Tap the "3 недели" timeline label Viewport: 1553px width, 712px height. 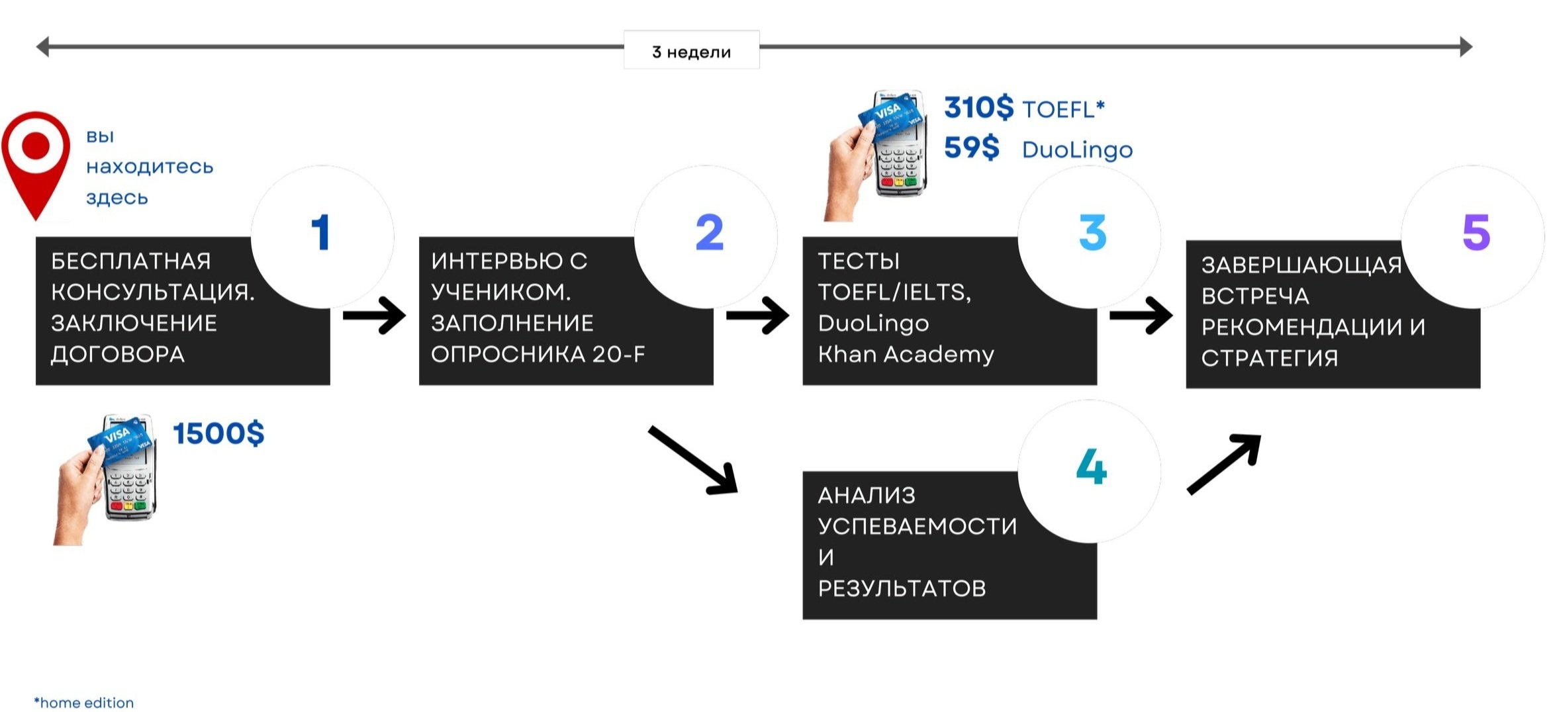[691, 51]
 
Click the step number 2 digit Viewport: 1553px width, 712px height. [709, 233]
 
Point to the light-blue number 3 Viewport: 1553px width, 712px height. [1092, 233]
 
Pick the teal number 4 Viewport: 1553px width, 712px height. [1091, 467]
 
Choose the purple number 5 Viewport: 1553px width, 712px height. [1476, 233]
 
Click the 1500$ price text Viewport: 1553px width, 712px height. [218, 434]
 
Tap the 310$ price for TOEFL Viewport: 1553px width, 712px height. [978, 108]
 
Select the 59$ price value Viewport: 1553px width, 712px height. [971, 148]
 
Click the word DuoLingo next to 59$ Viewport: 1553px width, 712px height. [1077, 150]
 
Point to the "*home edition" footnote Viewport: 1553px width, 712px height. [84, 703]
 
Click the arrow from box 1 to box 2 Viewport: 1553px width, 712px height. [374, 316]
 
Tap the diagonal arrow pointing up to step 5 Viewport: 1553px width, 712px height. [1223, 464]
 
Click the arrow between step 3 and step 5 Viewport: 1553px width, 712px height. [1140, 316]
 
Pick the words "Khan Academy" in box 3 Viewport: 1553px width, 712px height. [906, 355]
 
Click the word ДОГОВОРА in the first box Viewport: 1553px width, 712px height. [118, 355]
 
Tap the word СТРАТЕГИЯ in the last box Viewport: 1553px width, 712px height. [1270, 358]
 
